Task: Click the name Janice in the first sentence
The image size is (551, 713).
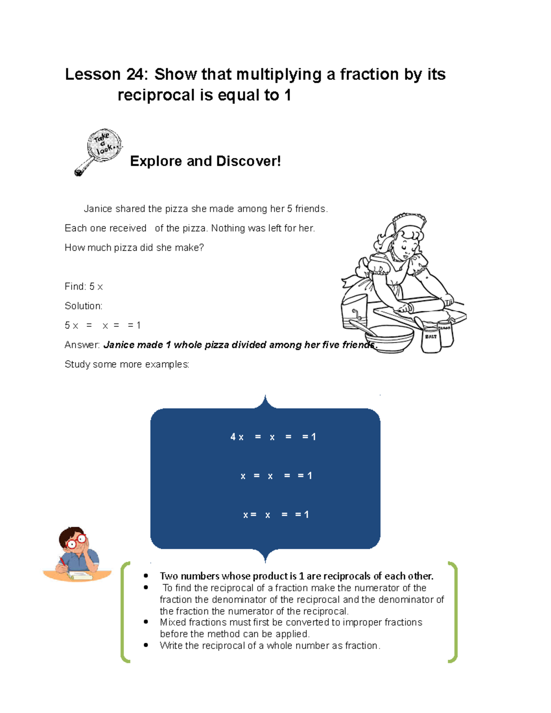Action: (x=98, y=209)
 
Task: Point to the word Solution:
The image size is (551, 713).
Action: (x=84, y=306)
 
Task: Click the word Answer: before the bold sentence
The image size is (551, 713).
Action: (x=82, y=345)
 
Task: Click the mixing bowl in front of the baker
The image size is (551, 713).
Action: (x=390, y=337)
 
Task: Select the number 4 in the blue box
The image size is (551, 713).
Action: (x=233, y=437)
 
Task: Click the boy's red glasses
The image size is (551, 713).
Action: (x=76, y=542)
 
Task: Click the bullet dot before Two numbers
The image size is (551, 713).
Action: (x=146, y=576)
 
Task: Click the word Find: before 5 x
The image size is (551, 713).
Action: (x=75, y=286)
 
